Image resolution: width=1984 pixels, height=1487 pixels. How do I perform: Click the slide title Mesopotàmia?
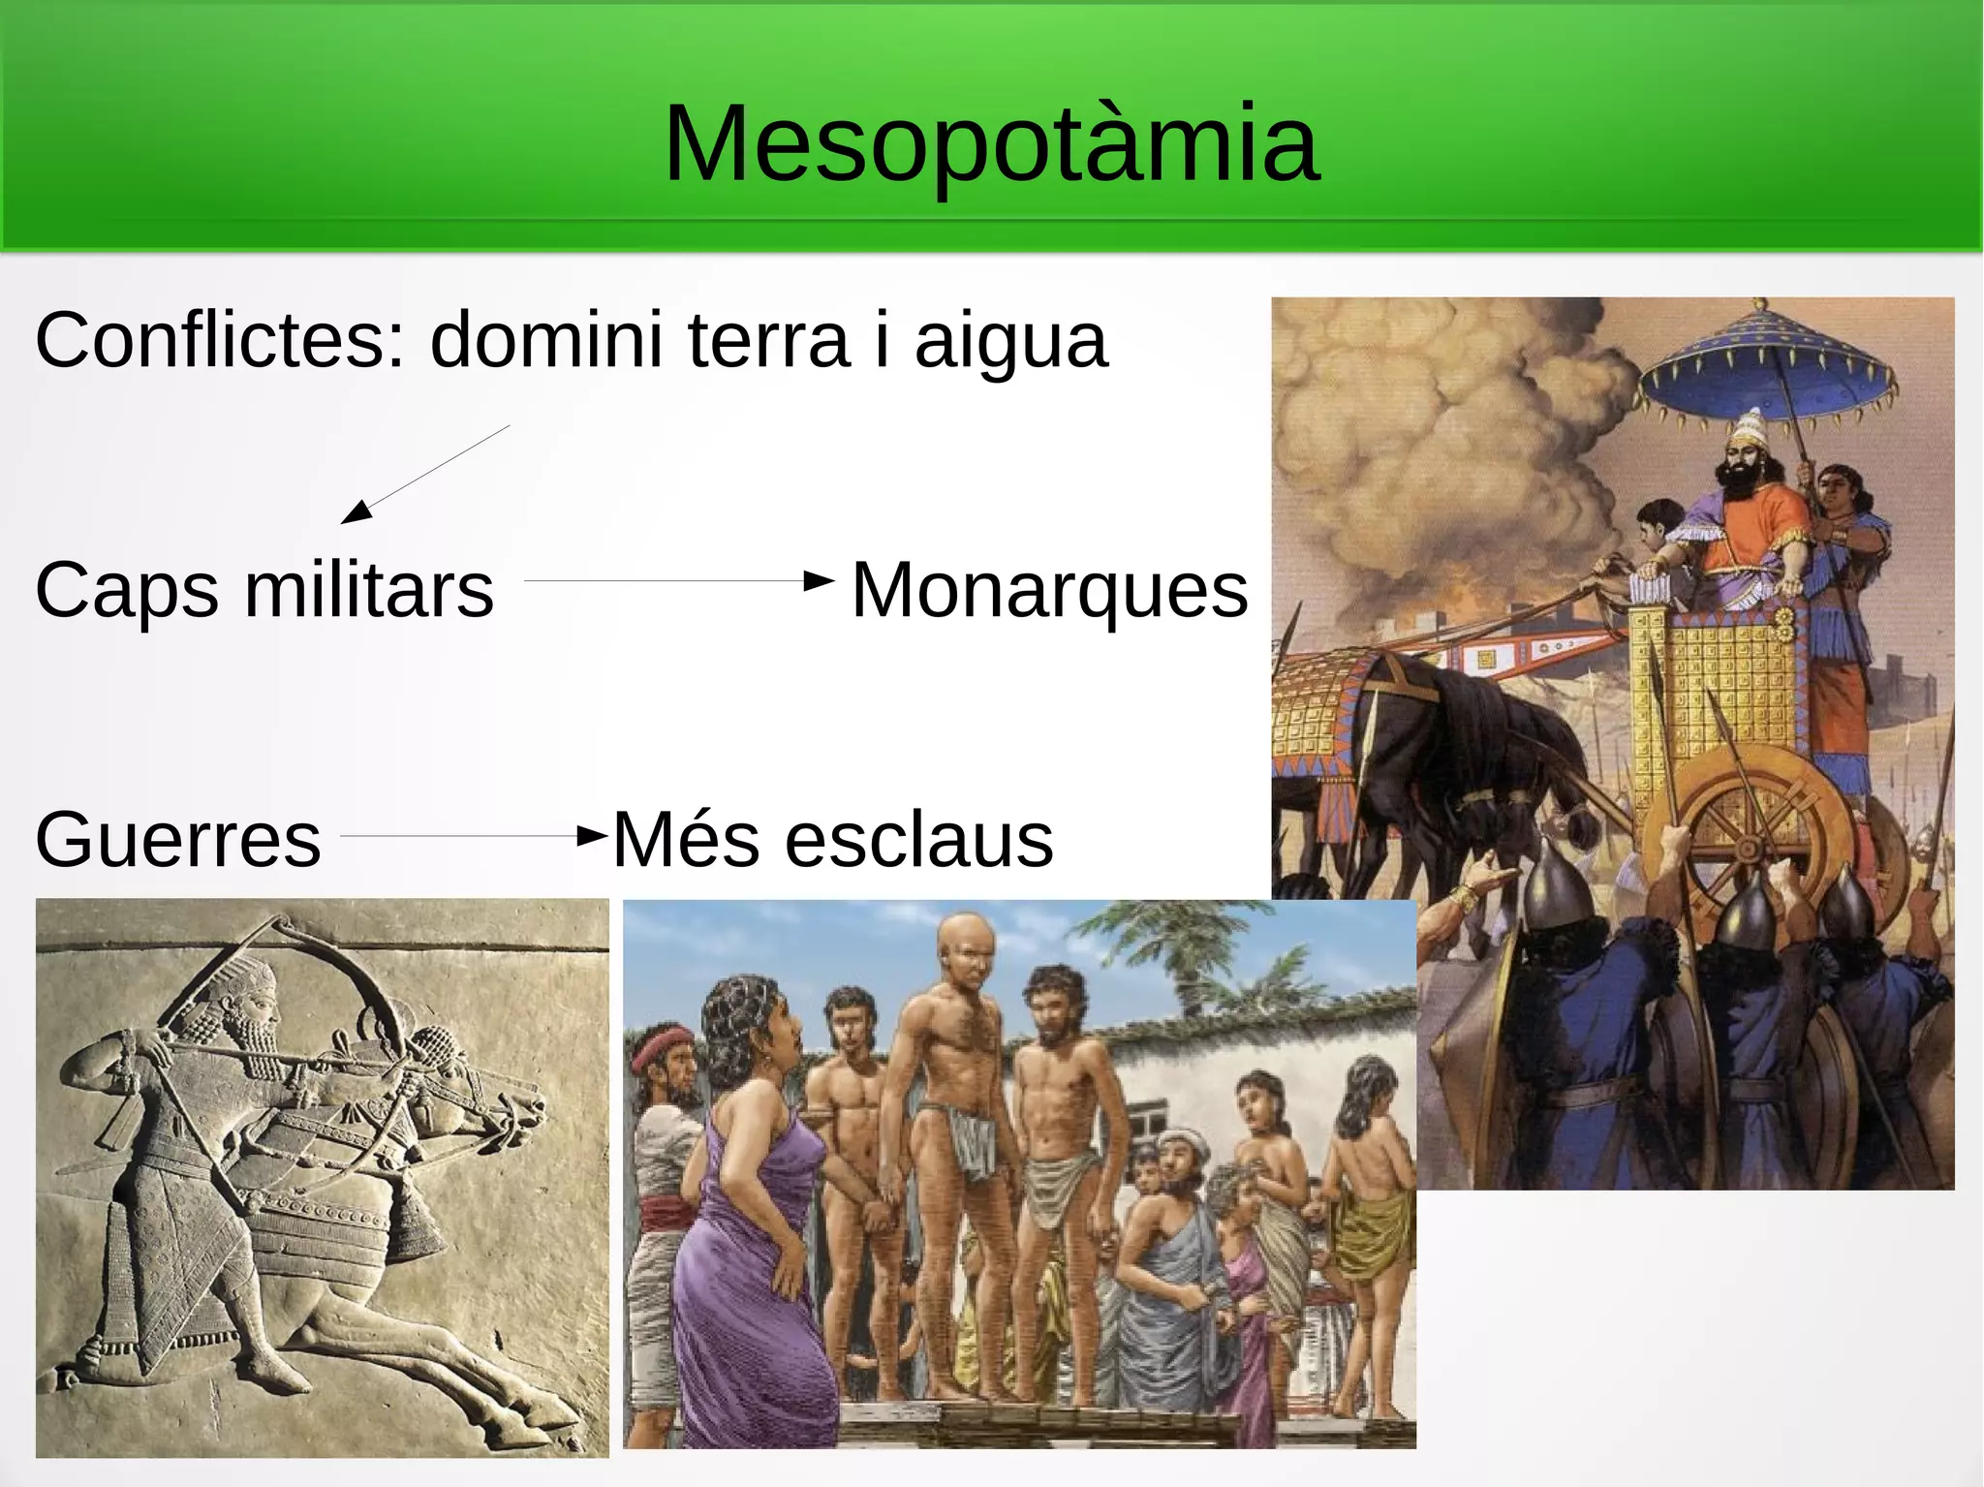(x=991, y=143)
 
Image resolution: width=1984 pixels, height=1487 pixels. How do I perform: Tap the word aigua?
(x=1010, y=340)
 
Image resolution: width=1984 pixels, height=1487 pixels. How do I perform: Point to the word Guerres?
(x=177, y=839)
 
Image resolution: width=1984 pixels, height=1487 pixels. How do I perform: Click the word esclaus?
(x=918, y=839)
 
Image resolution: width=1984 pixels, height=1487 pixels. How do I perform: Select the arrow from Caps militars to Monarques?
(x=678, y=581)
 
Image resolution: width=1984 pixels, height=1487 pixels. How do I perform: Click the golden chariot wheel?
(x=1749, y=833)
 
